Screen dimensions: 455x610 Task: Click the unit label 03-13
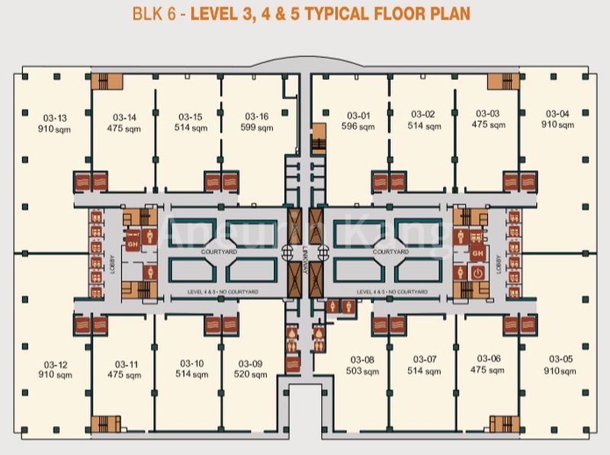click(52, 118)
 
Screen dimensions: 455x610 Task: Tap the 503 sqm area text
click(363, 371)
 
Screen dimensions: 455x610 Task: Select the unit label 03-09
click(250, 364)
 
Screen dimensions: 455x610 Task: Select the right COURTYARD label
click(390, 250)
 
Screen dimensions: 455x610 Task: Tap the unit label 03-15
click(190, 117)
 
